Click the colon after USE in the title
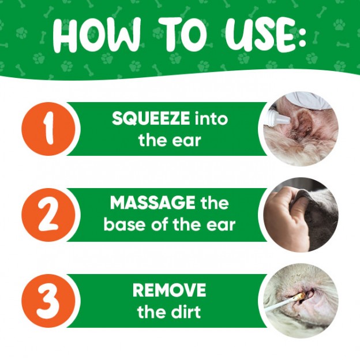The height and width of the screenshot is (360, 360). pyautogui.click(x=300, y=36)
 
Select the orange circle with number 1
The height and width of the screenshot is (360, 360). pyautogui.click(x=48, y=129)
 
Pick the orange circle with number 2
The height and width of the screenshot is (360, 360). pyautogui.click(x=48, y=215)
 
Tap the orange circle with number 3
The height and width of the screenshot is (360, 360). pyautogui.click(x=48, y=301)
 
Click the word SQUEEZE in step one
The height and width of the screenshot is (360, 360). pyautogui.click(x=151, y=118)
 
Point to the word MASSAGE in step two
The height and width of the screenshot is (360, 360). pyautogui.click(x=153, y=202)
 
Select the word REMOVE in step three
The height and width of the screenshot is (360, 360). pyautogui.click(x=169, y=290)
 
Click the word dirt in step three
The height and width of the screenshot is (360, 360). pyautogui.click(x=184, y=311)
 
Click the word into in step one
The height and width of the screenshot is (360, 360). pyautogui.click(x=211, y=118)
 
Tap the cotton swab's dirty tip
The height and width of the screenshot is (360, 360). pyautogui.click(x=300, y=297)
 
